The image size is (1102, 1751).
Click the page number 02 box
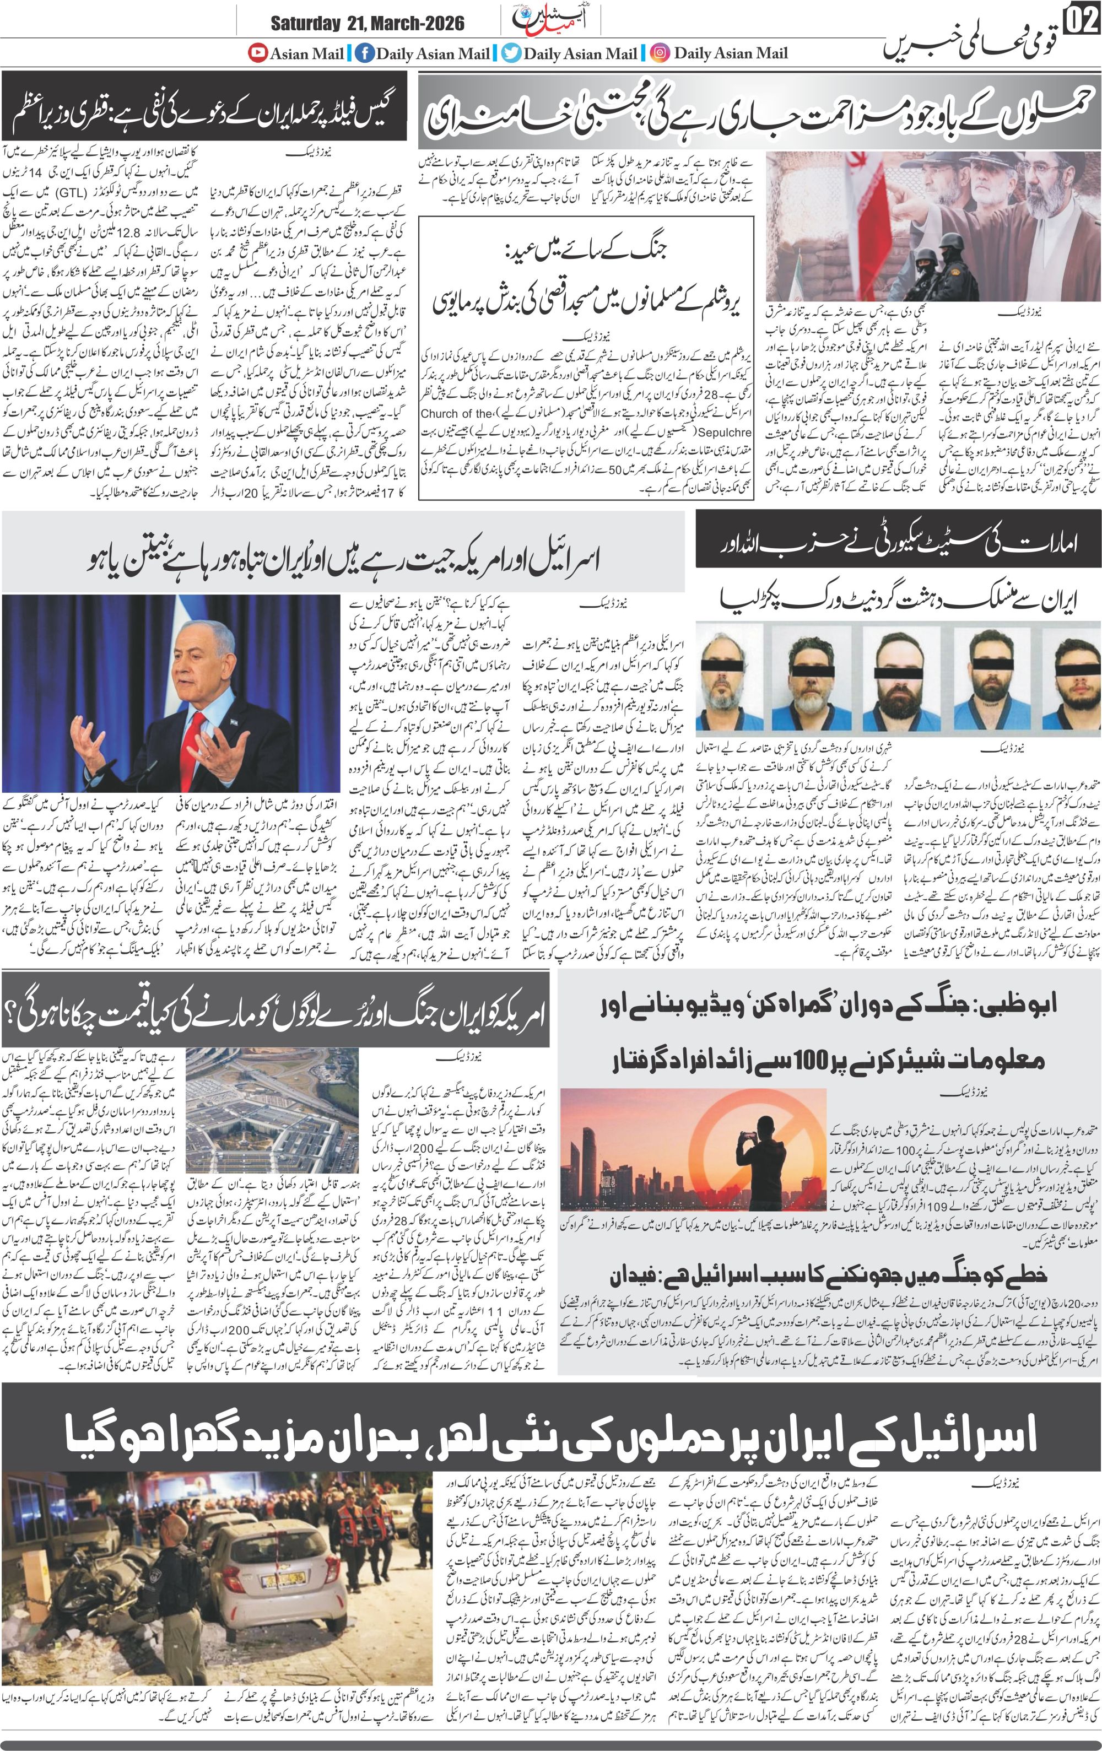point(1082,22)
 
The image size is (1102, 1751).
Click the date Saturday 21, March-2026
point(368,24)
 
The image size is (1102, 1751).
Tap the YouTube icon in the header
point(257,53)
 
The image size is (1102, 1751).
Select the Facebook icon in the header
point(362,53)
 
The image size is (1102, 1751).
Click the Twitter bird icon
point(512,53)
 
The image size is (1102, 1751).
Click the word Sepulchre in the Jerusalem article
point(450,431)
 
